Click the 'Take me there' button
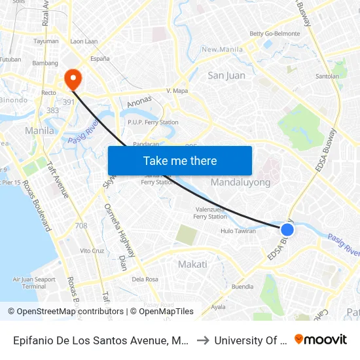[x=180, y=160]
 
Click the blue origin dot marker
[x=287, y=230]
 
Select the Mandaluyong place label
[x=240, y=183]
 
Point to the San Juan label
[x=226, y=75]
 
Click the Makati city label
[x=192, y=264]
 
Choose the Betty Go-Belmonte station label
[x=274, y=33]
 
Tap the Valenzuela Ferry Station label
[x=210, y=213]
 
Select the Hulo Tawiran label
[x=238, y=231]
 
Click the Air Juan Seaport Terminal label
[x=34, y=283]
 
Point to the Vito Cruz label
[x=92, y=251]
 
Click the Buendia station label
[x=242, y=287]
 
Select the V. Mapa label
[x=177, y=90]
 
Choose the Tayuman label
[x=46, y=41]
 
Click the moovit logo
[x=321, y=339]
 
